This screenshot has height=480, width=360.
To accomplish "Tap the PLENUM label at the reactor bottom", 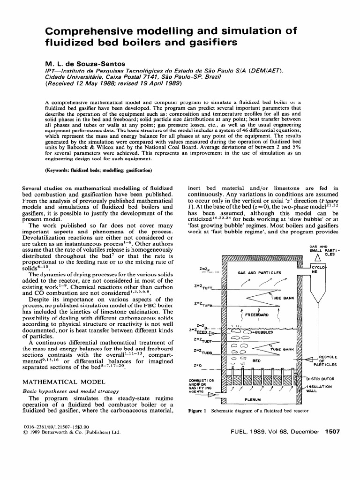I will (254, 400).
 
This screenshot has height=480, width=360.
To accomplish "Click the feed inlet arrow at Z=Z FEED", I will (215, 334).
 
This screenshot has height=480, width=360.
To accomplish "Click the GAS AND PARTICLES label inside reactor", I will (259, 272).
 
